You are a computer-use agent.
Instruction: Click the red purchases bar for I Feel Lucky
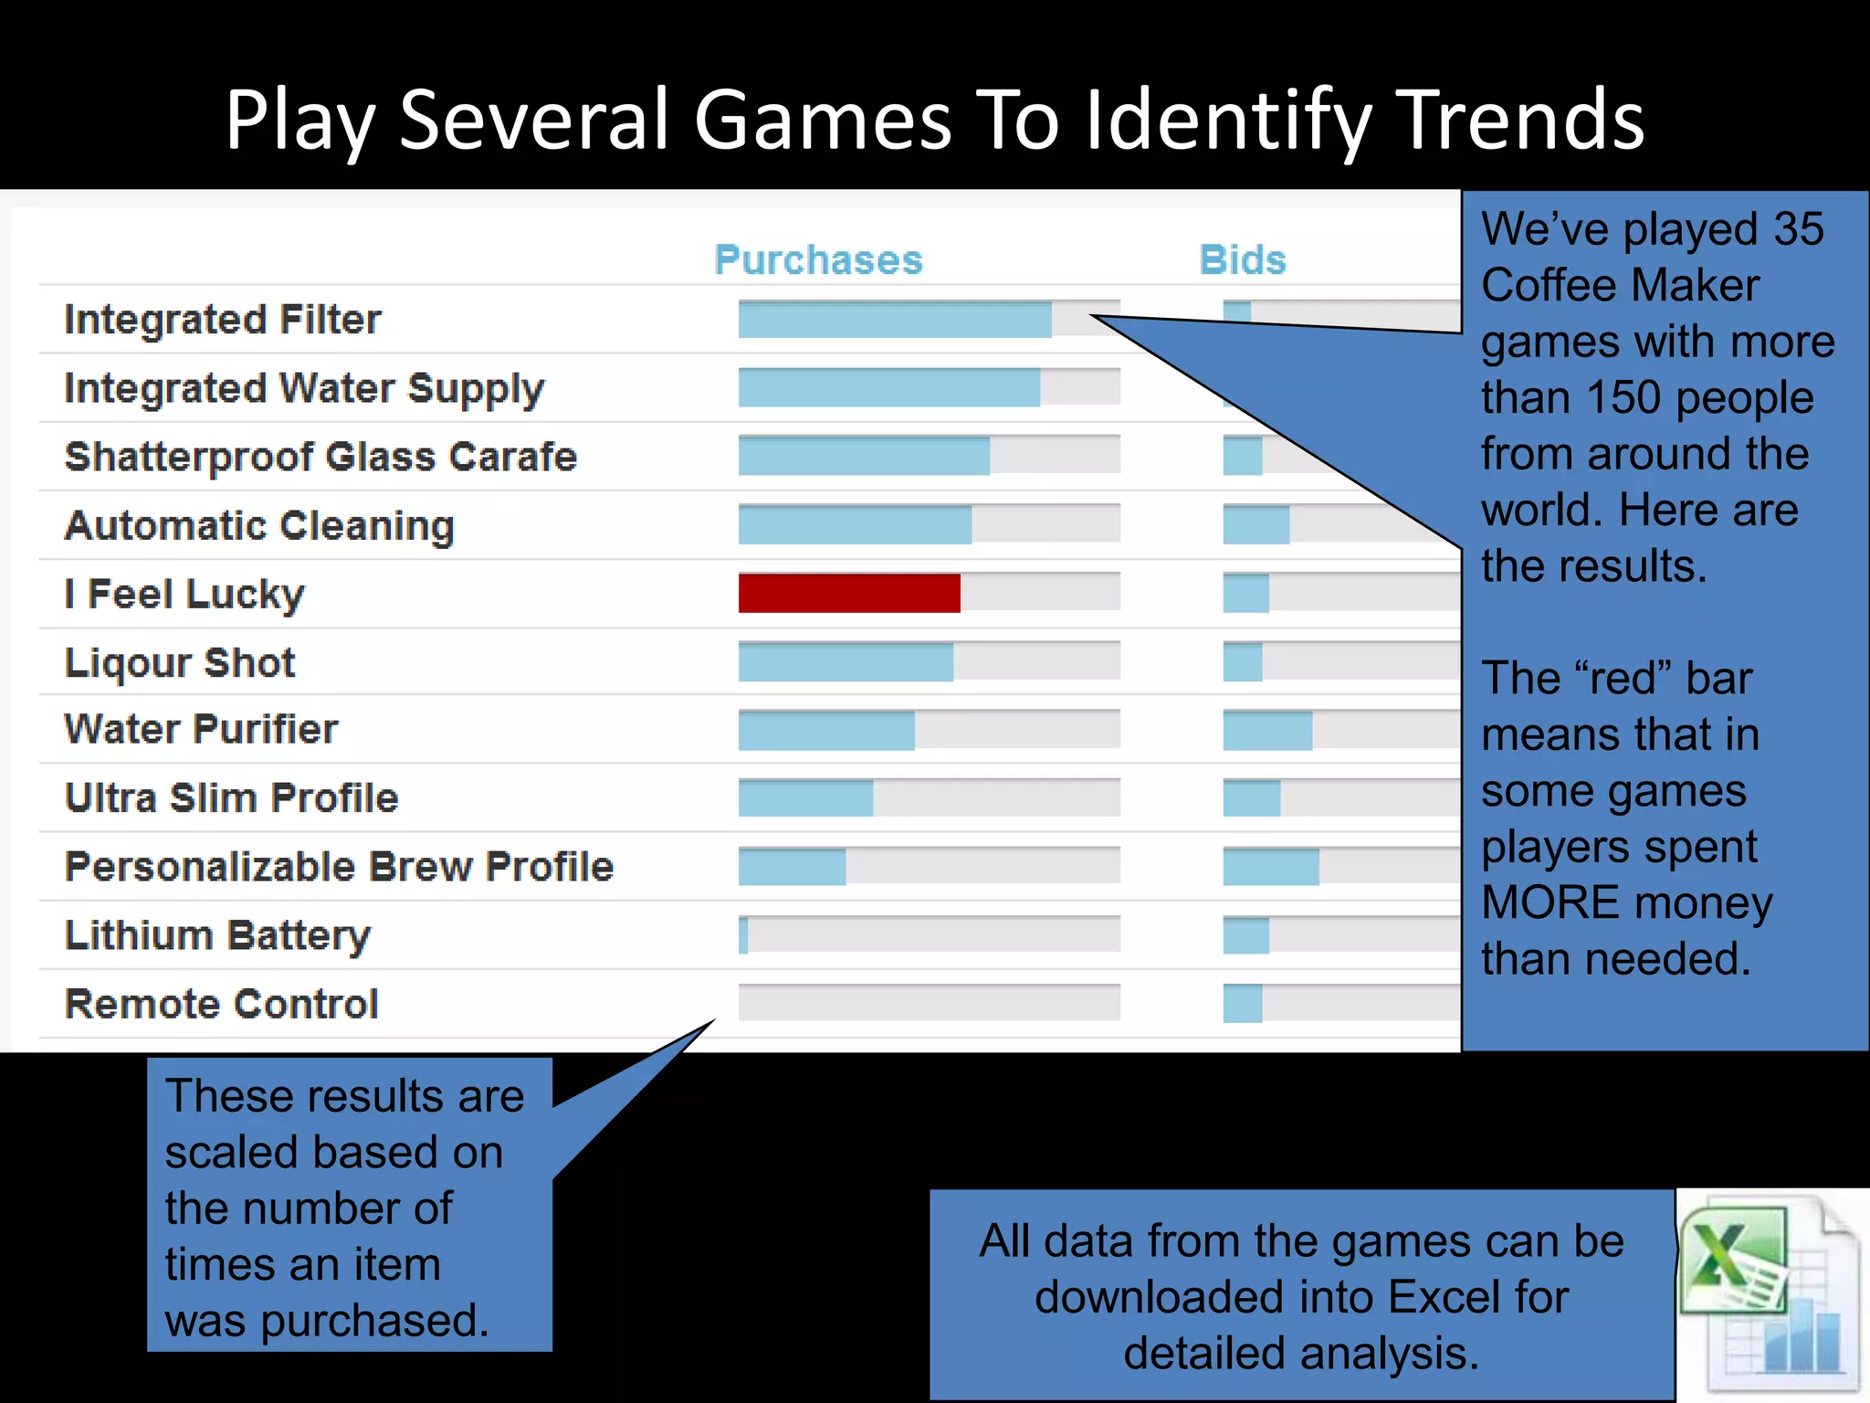pos(849,594)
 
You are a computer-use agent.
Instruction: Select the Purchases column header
pos(818,260)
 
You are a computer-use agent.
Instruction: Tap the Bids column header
pos(1242,260)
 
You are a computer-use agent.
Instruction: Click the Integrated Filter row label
pos(223,320)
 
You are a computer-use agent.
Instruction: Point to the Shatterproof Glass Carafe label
pos(320,457)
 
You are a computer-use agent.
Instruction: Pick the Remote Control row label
pos(222,1004)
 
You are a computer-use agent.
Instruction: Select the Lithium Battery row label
pos(218,935)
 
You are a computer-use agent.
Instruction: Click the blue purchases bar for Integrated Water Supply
pos(888,388)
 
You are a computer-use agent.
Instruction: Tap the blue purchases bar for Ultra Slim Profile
pos(805,798)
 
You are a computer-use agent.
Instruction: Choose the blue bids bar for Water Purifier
pos(1267,731)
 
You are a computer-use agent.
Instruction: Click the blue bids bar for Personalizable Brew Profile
pos(1271,867)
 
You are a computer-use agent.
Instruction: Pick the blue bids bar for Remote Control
pos(1243,1004)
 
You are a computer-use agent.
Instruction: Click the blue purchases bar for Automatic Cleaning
pos(855,525)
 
